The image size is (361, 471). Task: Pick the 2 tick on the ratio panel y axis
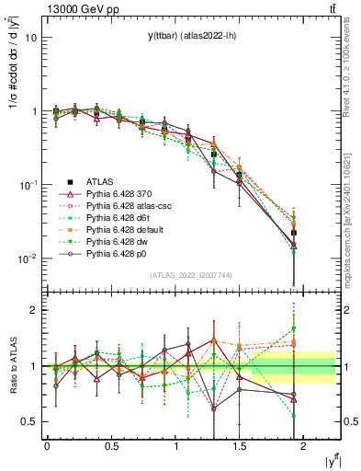(x=33, y=311)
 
